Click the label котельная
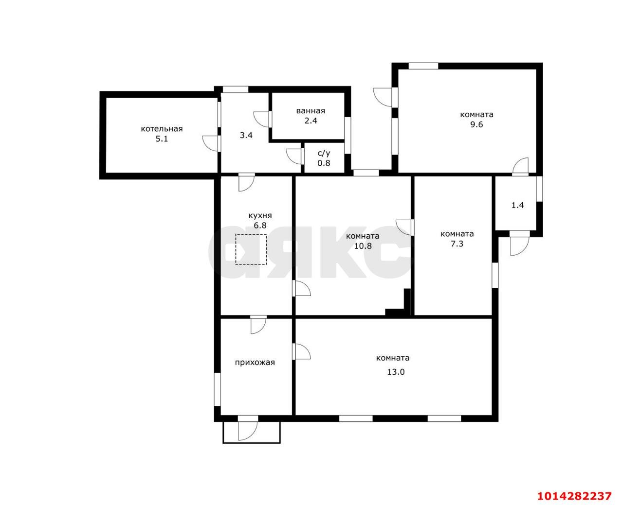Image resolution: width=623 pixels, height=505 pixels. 162,129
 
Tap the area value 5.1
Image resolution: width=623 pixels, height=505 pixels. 162,139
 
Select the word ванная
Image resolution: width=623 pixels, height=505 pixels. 311,111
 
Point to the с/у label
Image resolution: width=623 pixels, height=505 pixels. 324,153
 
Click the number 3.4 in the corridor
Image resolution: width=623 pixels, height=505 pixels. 246,135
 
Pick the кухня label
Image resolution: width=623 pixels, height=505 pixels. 260,216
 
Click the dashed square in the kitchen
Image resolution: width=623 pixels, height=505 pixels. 251,249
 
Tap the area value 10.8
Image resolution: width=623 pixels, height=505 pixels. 363,245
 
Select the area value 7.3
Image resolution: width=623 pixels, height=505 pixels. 457,244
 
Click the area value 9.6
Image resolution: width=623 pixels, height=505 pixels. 476,124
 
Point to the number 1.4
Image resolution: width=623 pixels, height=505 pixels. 517,205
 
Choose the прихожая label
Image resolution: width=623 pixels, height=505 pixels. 255,363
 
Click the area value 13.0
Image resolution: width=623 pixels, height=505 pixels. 396,372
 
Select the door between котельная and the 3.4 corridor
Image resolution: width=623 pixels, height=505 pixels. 211,143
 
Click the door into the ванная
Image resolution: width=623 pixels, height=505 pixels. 262,119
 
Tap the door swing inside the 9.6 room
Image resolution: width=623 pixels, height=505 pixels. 520,167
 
